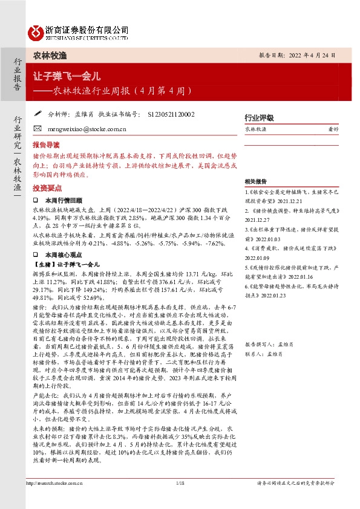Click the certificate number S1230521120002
pos(171,113)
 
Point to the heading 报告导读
pos(47,145)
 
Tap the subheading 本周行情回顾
pos(65,199)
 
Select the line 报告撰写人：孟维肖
pos(269,361)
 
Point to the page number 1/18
pos(180,500)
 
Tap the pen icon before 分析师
pos(38,113)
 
